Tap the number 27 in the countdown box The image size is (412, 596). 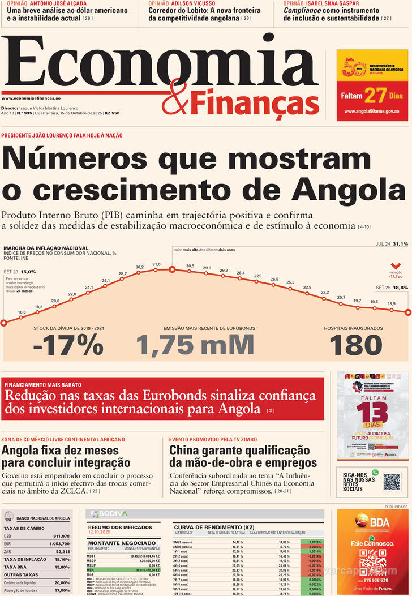375,95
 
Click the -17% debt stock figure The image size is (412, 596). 68,345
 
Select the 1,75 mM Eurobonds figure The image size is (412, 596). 195,345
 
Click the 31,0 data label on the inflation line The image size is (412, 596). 156,264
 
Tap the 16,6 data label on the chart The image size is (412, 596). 22,312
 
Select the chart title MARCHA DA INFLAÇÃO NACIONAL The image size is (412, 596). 46,248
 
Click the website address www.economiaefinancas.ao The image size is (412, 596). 35,98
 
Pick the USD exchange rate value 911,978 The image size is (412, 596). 61,536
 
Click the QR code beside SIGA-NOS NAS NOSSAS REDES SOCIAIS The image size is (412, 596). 392,482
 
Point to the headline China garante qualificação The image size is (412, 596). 239,451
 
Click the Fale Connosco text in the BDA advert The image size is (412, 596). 372,543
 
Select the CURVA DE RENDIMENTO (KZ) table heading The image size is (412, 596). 206,527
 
